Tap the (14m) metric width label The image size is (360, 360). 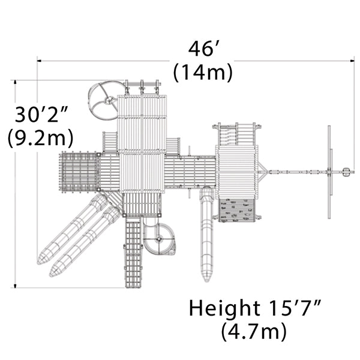point(203,72)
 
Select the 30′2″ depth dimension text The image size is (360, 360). point(41,114)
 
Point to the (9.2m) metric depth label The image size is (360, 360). point(40,137)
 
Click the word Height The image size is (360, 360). point(224,308)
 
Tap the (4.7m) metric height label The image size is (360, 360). point(254,331)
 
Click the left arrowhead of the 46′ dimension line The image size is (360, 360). point(39,61)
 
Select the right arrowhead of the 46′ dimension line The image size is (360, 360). point(352,61)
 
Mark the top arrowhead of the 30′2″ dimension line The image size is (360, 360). point(15,82)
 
